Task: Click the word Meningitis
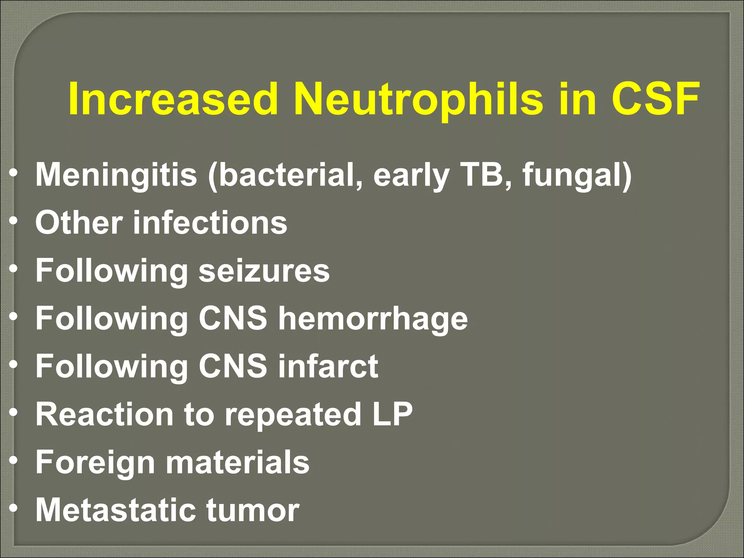[116, 175]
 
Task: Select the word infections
[210, 222]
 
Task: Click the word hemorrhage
[373, 319]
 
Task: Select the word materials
[238, 462]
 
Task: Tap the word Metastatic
[116, 510]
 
